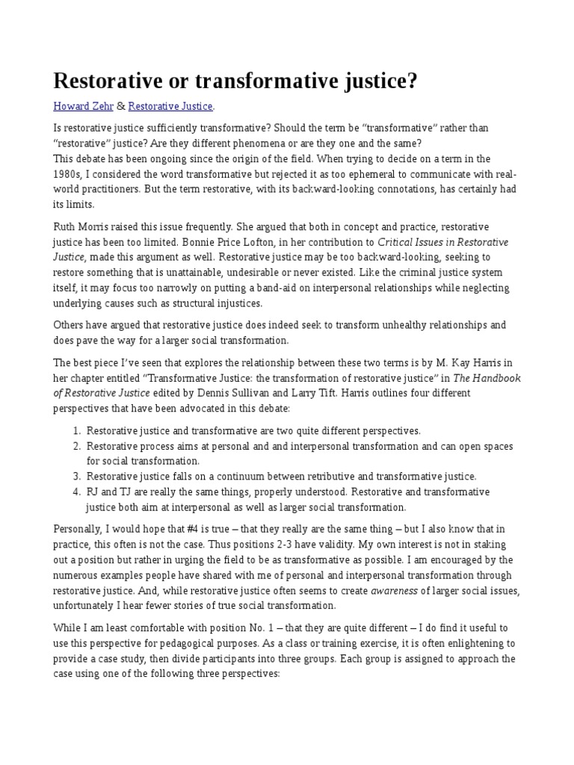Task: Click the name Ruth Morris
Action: click(x=81, y=226)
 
